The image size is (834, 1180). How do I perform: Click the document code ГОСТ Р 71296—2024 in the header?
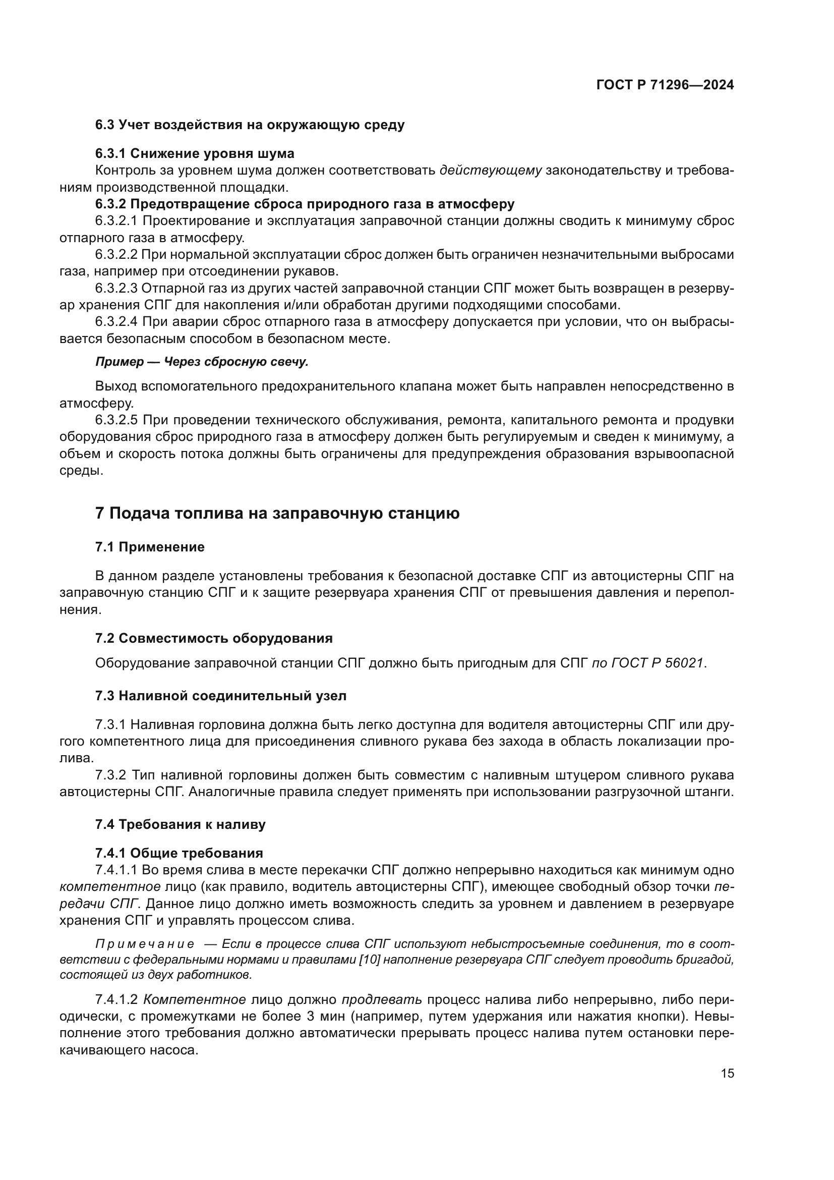coord(665,85)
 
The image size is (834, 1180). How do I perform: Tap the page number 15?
coord(727,1074)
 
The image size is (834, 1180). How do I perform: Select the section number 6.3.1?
coord(110,153)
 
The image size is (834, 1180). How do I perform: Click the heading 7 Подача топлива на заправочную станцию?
coord(277,514)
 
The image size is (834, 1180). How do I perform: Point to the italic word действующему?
coord(491,170)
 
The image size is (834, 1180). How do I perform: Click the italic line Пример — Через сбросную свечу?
coord(202,362)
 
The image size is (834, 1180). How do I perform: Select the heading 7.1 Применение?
coord(150,547)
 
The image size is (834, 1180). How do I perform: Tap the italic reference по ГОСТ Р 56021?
coord(648,663)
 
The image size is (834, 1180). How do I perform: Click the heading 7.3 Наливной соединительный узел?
coord(221,696)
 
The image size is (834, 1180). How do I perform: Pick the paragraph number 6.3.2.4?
coord(116,322)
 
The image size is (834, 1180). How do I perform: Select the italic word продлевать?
coord(382,999)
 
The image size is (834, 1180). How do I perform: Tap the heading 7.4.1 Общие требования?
coord(179,853)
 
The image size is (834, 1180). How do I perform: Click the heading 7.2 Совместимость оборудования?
coord(214,638)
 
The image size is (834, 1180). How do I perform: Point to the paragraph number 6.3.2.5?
coord(116,420)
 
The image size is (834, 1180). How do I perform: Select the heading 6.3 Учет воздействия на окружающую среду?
coord(250,125)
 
